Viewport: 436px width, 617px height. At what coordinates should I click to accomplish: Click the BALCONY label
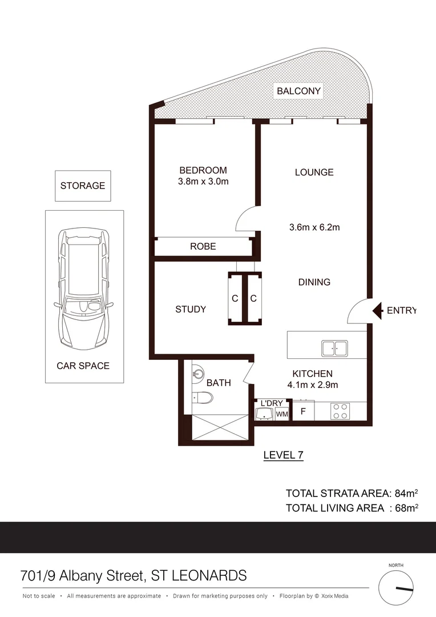(299, 91)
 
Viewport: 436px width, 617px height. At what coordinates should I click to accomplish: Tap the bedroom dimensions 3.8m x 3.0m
(203, 182)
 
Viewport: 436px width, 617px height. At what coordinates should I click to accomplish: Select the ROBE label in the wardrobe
(203, 246)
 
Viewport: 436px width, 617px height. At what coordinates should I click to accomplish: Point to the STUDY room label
(190, 309)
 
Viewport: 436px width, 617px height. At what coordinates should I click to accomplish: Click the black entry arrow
(377, 311)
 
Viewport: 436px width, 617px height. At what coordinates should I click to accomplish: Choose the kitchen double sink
(335, 347)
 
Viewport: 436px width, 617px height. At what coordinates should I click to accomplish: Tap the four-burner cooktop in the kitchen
(341, 411)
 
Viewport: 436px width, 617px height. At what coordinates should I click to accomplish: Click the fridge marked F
(304, 411)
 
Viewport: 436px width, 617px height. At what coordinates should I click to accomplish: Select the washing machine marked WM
(282, 414)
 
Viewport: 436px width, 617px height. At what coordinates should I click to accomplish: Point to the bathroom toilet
(202, 398)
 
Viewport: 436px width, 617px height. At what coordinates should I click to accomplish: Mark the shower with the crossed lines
(219, 428)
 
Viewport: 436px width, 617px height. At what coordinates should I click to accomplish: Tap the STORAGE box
(83, 186)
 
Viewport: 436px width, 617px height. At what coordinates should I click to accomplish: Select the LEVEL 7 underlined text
(283, 455)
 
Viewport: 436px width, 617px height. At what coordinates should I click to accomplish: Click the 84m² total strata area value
(406, 493)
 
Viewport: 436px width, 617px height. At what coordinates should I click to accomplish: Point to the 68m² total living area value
(406, 508)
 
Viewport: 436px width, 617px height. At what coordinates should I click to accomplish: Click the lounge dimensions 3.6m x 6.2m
(314, 227)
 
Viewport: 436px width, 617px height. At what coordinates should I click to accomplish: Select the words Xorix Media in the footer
(335, 596)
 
